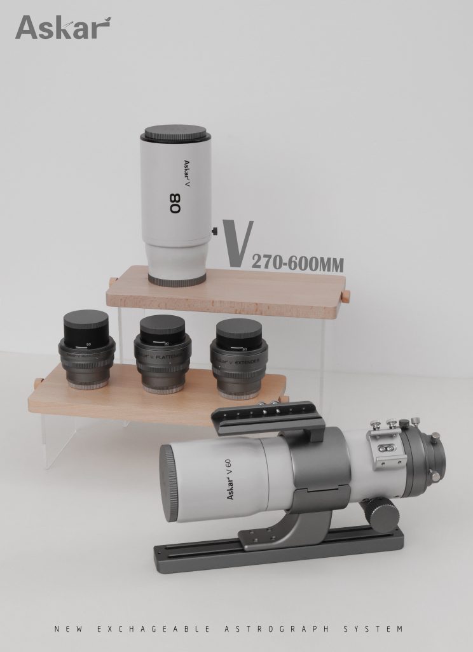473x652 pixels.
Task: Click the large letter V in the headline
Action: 239,244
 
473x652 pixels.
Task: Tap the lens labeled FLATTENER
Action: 162,353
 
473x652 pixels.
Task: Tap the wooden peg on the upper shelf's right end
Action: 346,296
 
